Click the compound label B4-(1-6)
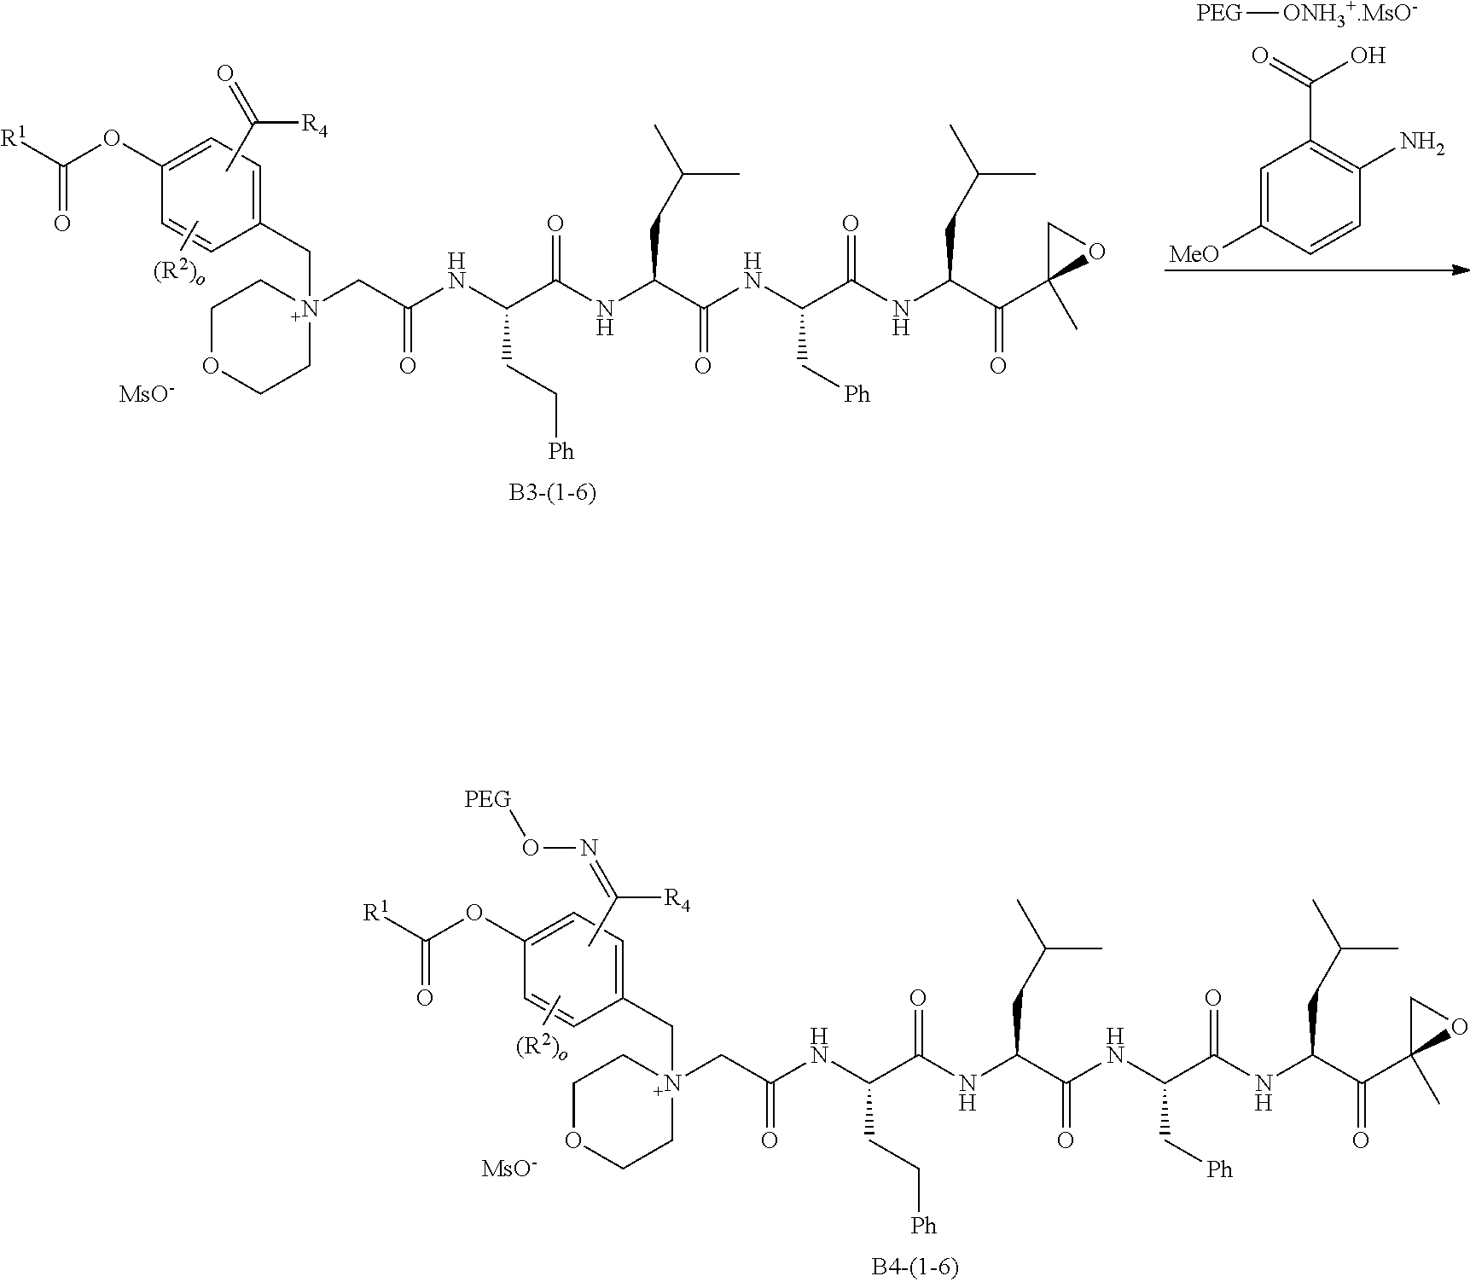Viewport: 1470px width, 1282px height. pyautogui.click(x=915, y=1267)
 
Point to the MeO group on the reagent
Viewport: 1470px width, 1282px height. pyautogui.click(x=1193, y=254)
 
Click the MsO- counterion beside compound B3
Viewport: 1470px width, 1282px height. pyautogui.click(x=147, y=395)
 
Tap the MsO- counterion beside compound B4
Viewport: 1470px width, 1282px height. pyautogui.click(x=509, y=1168)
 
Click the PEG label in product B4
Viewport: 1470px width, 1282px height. pyautogui.click(x=488, y=799)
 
